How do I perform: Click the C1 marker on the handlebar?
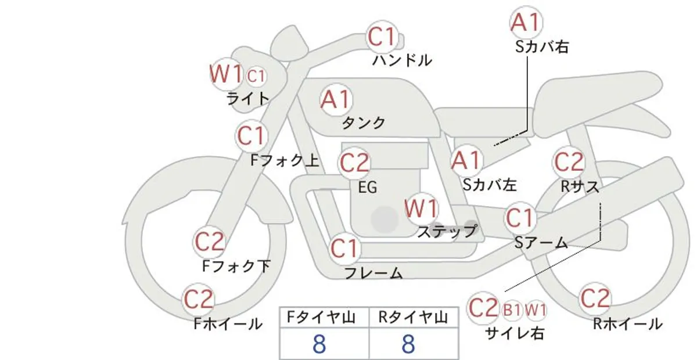click(x=382, y=37)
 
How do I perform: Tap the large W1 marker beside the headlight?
click(x=226, y=74)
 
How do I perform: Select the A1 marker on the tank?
click(x=336, y=99)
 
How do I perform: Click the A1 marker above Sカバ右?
click(x=526, y=23)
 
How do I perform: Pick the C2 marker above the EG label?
click(x=354, y=163)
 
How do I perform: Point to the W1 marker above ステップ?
click(x=421, y=208)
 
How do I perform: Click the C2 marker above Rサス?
click(x=569, y=162)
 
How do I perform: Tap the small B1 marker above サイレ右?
click(x=512, y=310)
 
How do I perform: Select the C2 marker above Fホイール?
click(x=199, y=300)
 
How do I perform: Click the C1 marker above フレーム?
click(x=344, y=249)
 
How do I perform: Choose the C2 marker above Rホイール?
click(x=595, y=298)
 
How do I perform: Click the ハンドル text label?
click(x=402, y=60)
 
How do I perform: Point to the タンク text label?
click(x=364, y=123)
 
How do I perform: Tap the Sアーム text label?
click(x=541, y=243)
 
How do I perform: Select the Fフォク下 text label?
click(x=236, y=267)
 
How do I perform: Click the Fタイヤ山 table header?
click(x=321, y=318)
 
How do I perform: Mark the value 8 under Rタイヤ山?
click(x=408, y=344)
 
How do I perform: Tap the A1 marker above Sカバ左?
click(x=466, y=161)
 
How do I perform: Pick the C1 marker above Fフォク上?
click(x=252, y=136)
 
